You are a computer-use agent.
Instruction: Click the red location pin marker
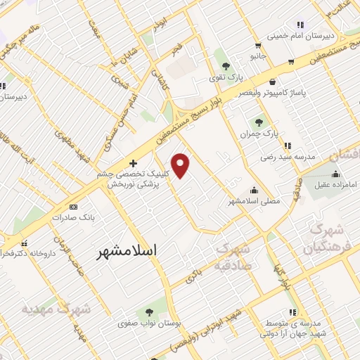[x=181, y=166]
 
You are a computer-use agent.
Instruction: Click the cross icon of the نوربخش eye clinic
[x=133, y=162]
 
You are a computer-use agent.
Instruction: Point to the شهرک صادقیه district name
[x=239, y=257]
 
